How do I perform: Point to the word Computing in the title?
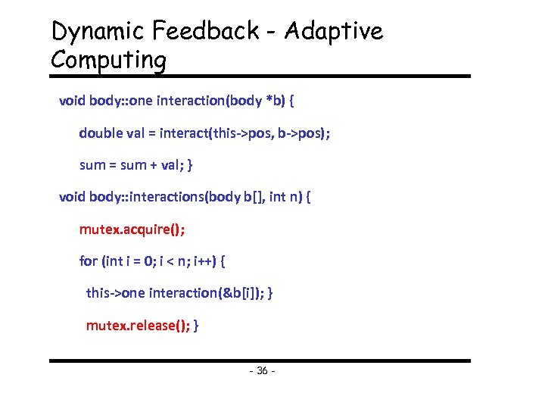coord(108,60)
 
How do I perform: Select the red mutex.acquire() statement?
coord(132,229)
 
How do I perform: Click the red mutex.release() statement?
coord(139,326)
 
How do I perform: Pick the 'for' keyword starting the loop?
coord(88,261)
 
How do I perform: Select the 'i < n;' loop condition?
coord(172,261)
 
